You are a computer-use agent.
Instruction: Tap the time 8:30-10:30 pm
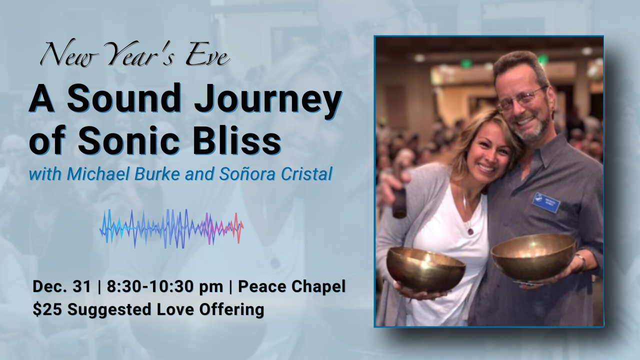click(x=164, y=287)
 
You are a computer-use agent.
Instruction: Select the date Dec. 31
click(x=62, y=287)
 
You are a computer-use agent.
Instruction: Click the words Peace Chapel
click(x=291, y=287)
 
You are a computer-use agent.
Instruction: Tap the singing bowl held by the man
click(x=533, y=256)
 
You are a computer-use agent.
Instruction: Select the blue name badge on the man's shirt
click(x=546, y=202)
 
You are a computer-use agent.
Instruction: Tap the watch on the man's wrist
click(x=580, y=261)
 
